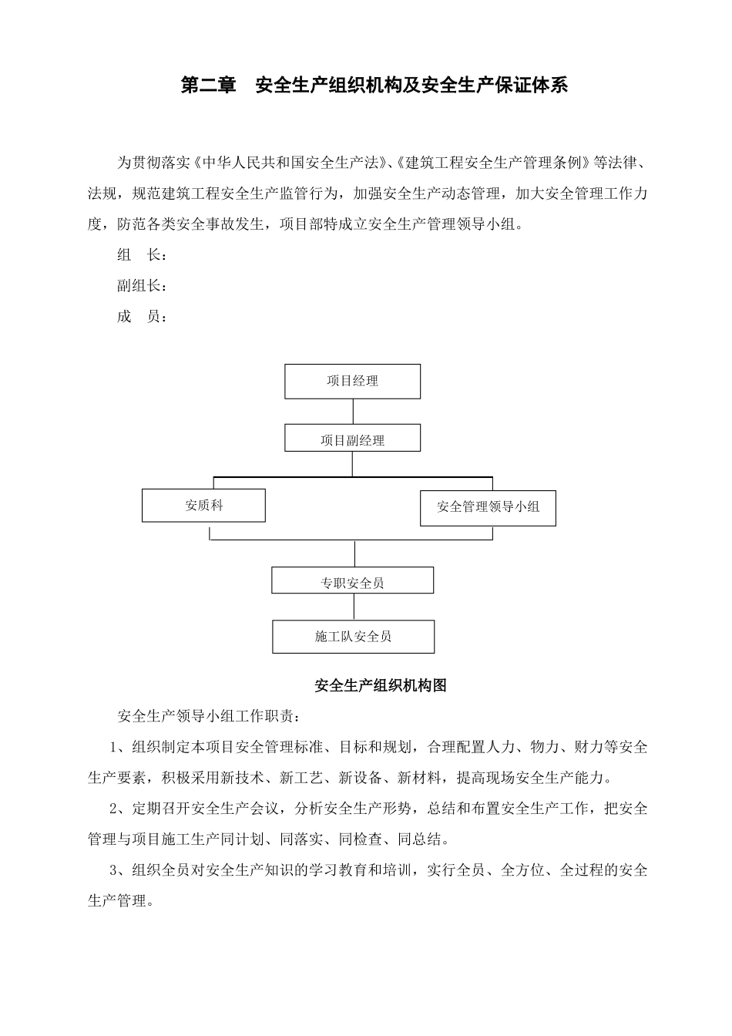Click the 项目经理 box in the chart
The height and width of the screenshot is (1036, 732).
point(352,381)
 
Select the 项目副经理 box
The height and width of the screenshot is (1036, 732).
point(352,439)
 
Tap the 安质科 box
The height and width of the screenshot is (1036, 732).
point(203,505)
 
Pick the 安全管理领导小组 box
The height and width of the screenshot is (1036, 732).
point(488,506)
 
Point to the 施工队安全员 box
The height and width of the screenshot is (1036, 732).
point(353,637)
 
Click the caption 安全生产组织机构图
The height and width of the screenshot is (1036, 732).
point(381,685)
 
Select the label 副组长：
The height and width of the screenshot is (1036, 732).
point(142,286)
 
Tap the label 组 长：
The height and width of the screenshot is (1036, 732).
point(142,255)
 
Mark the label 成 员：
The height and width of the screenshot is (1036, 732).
point(142,317)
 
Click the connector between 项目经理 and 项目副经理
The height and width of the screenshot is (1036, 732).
point(353,412)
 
